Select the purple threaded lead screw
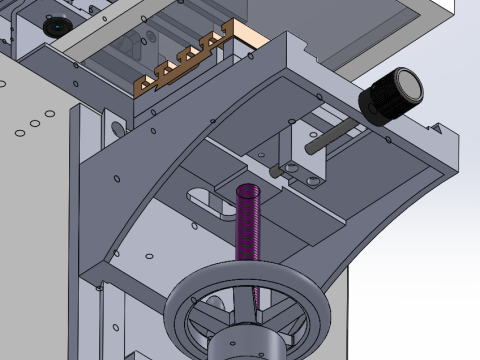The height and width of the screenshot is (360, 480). [249, 240]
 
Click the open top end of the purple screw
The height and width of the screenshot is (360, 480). [248, 190]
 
